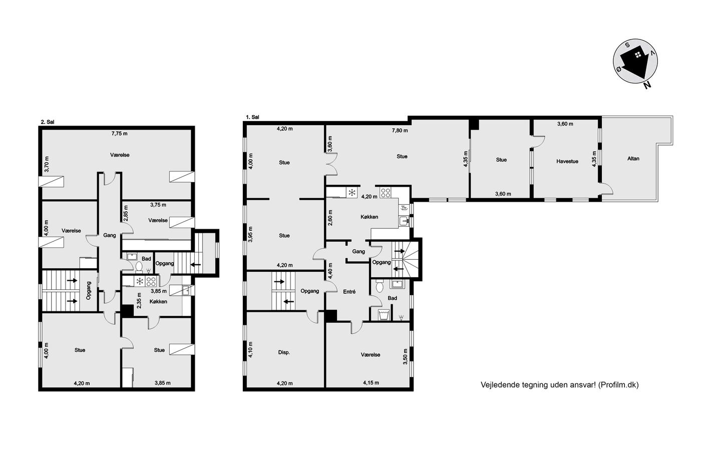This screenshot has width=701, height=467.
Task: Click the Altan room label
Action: click(x=633, y=159)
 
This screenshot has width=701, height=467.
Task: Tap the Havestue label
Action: click(x=567, y=161)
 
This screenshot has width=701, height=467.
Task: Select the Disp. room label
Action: click(x=284, y=352)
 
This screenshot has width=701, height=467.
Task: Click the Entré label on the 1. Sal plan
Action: click(x=349, y=291)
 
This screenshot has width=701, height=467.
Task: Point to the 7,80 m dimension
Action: click(x=400, y=131)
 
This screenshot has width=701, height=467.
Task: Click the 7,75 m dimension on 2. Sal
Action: click(x=120, y=134)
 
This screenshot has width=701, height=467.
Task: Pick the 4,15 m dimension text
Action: click(x=371, y=382)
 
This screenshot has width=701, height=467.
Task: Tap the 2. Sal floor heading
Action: click(x=48, y=122)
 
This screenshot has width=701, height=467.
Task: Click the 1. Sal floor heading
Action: click(x=252, y=117)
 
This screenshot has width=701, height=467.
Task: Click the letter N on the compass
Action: click(x=647, y=85)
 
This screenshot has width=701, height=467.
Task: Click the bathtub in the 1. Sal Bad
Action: click(x=384, y=315)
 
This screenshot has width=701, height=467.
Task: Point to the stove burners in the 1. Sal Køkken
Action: click(x=386, y=192)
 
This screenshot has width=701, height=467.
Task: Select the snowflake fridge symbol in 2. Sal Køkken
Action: click(x=140, y=281)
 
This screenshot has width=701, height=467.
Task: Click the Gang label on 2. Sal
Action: click(x=110, y=235)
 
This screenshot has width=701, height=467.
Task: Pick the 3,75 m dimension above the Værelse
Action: click(x=158, y=205)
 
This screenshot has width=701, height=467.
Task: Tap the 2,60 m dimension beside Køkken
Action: click(x=330, y=217)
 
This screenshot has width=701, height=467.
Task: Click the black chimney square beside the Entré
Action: click(x=330, y=316)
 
